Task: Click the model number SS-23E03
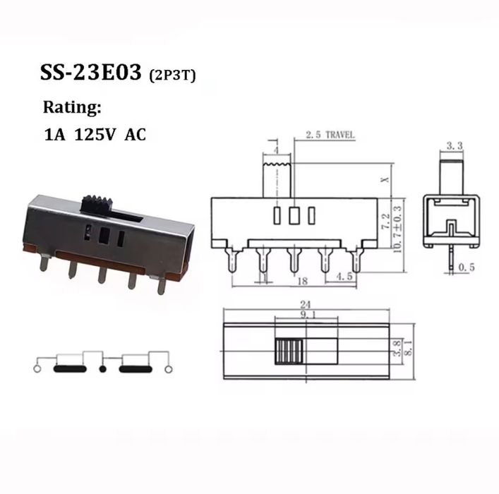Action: click(91, 73)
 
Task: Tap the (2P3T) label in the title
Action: click(172, 76)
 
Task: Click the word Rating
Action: click(72, 108)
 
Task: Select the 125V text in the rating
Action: click(95, 135)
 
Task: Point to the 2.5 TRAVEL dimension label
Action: click(330, 135)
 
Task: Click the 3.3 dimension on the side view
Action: click(454, 146)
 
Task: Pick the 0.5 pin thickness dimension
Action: click(467, 267)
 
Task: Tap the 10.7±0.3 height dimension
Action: click(398, 229)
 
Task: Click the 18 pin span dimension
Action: click(302, 281)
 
